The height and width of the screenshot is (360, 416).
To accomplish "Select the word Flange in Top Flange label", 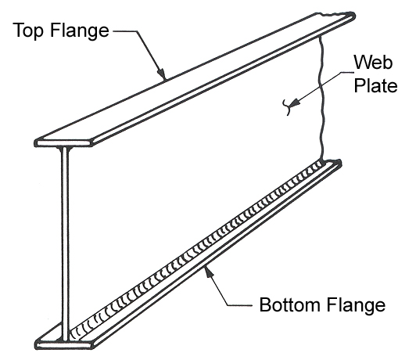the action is tap(79, 31).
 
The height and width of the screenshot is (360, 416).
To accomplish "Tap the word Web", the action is tap(373, 62).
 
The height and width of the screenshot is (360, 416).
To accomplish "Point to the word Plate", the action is tap(375, 85).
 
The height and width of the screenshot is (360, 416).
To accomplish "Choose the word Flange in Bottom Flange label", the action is tap(356, 306).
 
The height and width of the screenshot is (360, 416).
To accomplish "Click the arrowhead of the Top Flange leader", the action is tap(162, 73).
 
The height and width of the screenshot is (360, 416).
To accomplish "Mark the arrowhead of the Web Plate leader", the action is tap(294, 103).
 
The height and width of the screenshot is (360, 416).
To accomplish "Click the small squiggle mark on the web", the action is tap(286, 106).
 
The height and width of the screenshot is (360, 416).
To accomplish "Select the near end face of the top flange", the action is tap(63, 143).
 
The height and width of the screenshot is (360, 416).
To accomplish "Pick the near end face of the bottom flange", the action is tap(63, 346).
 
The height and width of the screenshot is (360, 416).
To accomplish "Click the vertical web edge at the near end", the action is tap(65, 244).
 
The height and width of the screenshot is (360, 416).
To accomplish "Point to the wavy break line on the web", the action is tap(321, 99).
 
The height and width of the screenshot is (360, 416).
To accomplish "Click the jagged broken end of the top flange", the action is tap(335, 14).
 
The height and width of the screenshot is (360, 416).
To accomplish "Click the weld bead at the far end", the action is tap(318, 166).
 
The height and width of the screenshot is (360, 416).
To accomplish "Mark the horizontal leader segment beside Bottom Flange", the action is tap(239, 305).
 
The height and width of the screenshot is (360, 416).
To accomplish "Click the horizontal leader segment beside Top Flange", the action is tap(125, 31).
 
